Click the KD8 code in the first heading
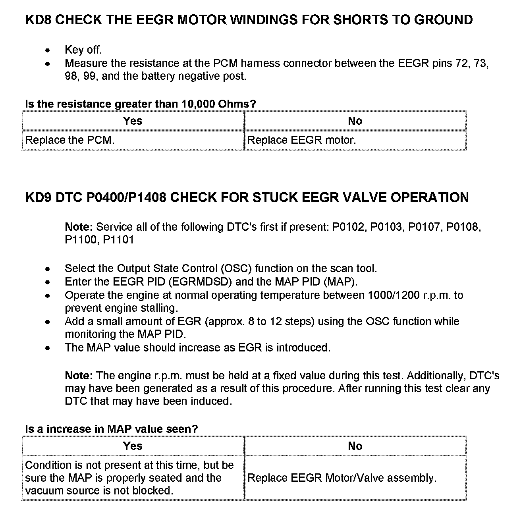coord(38,20)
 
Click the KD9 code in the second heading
coord(38,197)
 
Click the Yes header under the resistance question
coord(133,121)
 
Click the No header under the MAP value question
coord(355,446)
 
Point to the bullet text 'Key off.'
coord(83,50)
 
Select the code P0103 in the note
coord(386,227)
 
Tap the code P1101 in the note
coord(118,240)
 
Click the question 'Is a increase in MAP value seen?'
coord(111,429)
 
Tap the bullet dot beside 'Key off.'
coord(48,50)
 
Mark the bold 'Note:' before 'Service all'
coord(79,227)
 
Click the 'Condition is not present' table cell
coord(129,478)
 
